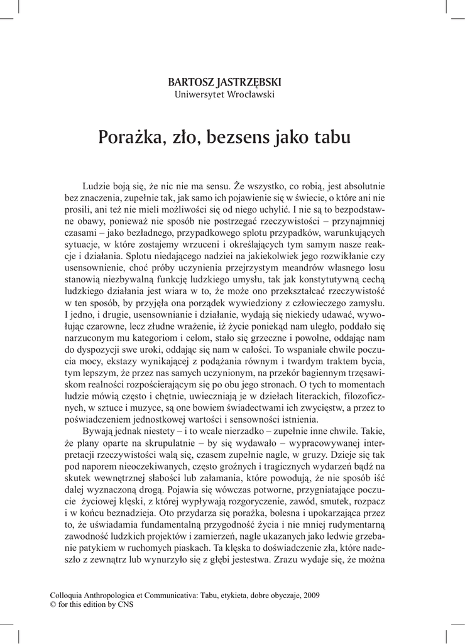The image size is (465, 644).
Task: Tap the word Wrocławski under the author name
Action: [251, 95]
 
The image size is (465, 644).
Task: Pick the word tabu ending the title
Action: [331, 136]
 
